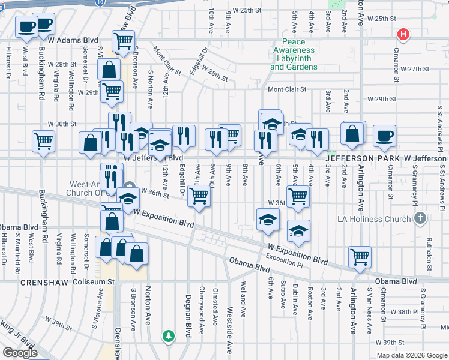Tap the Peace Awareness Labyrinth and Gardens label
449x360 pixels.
(x=294, y=59)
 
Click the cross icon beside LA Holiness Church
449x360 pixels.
(x=420, y=218)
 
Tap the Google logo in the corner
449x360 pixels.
(x=20, y=352)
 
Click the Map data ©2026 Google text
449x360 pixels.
(x=411, y=355)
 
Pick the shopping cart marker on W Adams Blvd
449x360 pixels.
(x=123, y=41)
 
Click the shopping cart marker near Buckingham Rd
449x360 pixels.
(x=44, y=142)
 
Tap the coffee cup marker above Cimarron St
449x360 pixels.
(x=384, y=136)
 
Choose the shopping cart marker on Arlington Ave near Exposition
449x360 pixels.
(x=360, y=257)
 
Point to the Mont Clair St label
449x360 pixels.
(x=286, y=89)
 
